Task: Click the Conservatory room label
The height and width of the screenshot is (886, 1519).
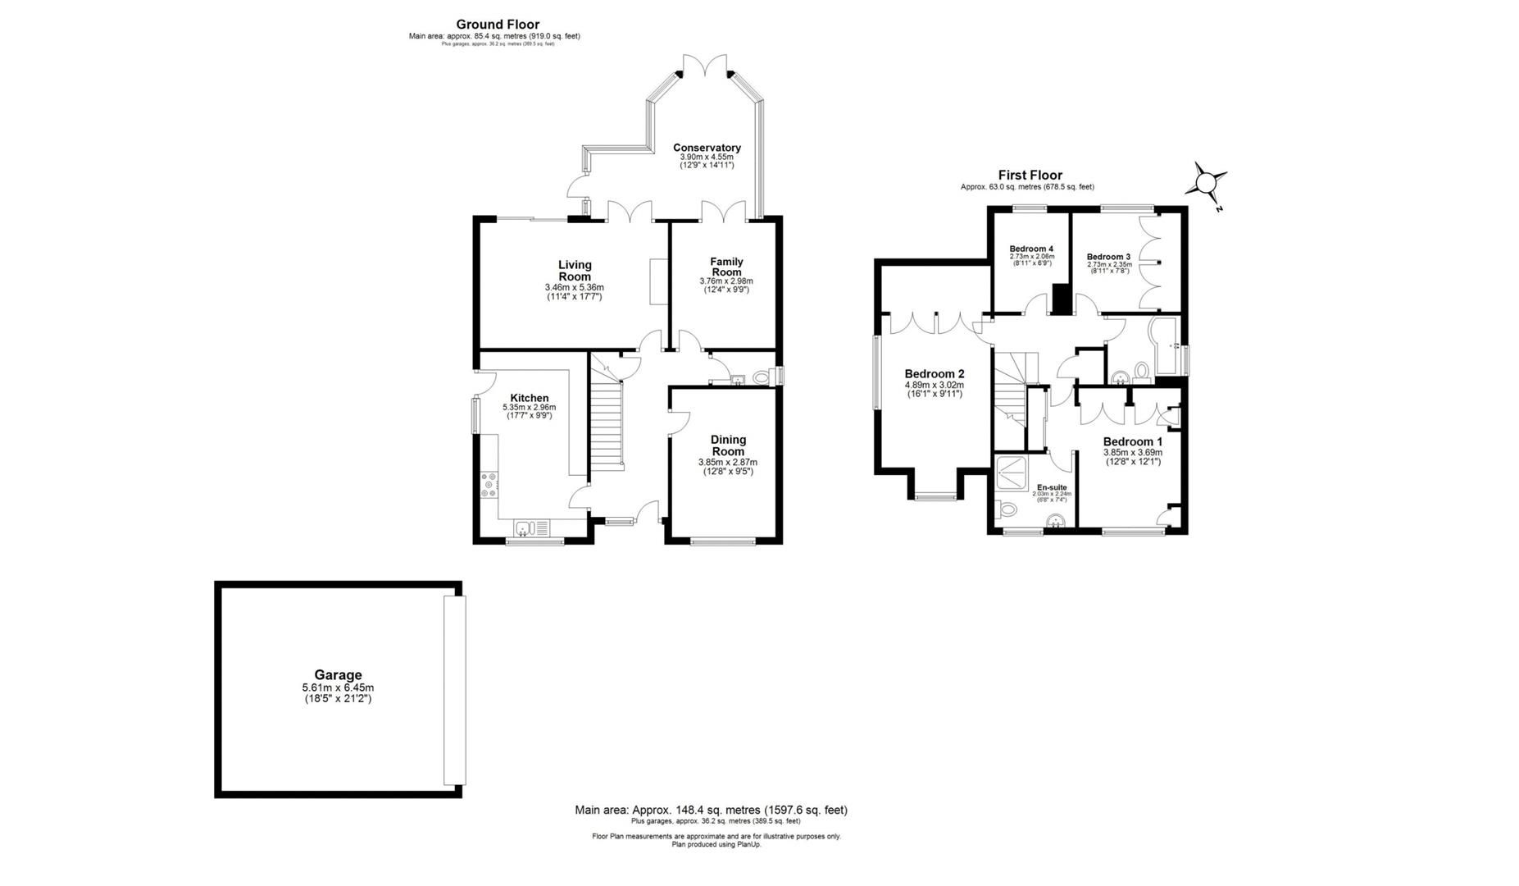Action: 707,148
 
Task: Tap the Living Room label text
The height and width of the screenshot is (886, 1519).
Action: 574,271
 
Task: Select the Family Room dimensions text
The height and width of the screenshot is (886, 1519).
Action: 725,285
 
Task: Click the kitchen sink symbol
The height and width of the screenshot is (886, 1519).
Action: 533,527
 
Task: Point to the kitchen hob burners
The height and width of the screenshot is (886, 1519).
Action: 489,484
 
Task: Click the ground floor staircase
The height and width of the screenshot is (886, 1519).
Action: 607,427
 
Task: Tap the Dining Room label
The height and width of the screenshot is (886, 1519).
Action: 727,445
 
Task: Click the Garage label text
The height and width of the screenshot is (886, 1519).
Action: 338,675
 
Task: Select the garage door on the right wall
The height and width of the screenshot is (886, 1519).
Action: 454,690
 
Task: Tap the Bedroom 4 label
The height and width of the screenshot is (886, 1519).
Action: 1031,249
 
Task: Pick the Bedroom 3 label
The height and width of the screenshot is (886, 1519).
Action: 1108,257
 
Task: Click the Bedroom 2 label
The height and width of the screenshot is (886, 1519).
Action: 934,374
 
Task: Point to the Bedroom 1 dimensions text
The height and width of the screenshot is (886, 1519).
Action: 1132,457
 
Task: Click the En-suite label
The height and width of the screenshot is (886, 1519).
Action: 1052,487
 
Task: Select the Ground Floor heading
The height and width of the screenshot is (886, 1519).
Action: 498,25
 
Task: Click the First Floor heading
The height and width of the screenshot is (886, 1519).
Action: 1030,175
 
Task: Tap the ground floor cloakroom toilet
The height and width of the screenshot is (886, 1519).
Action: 762,377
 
